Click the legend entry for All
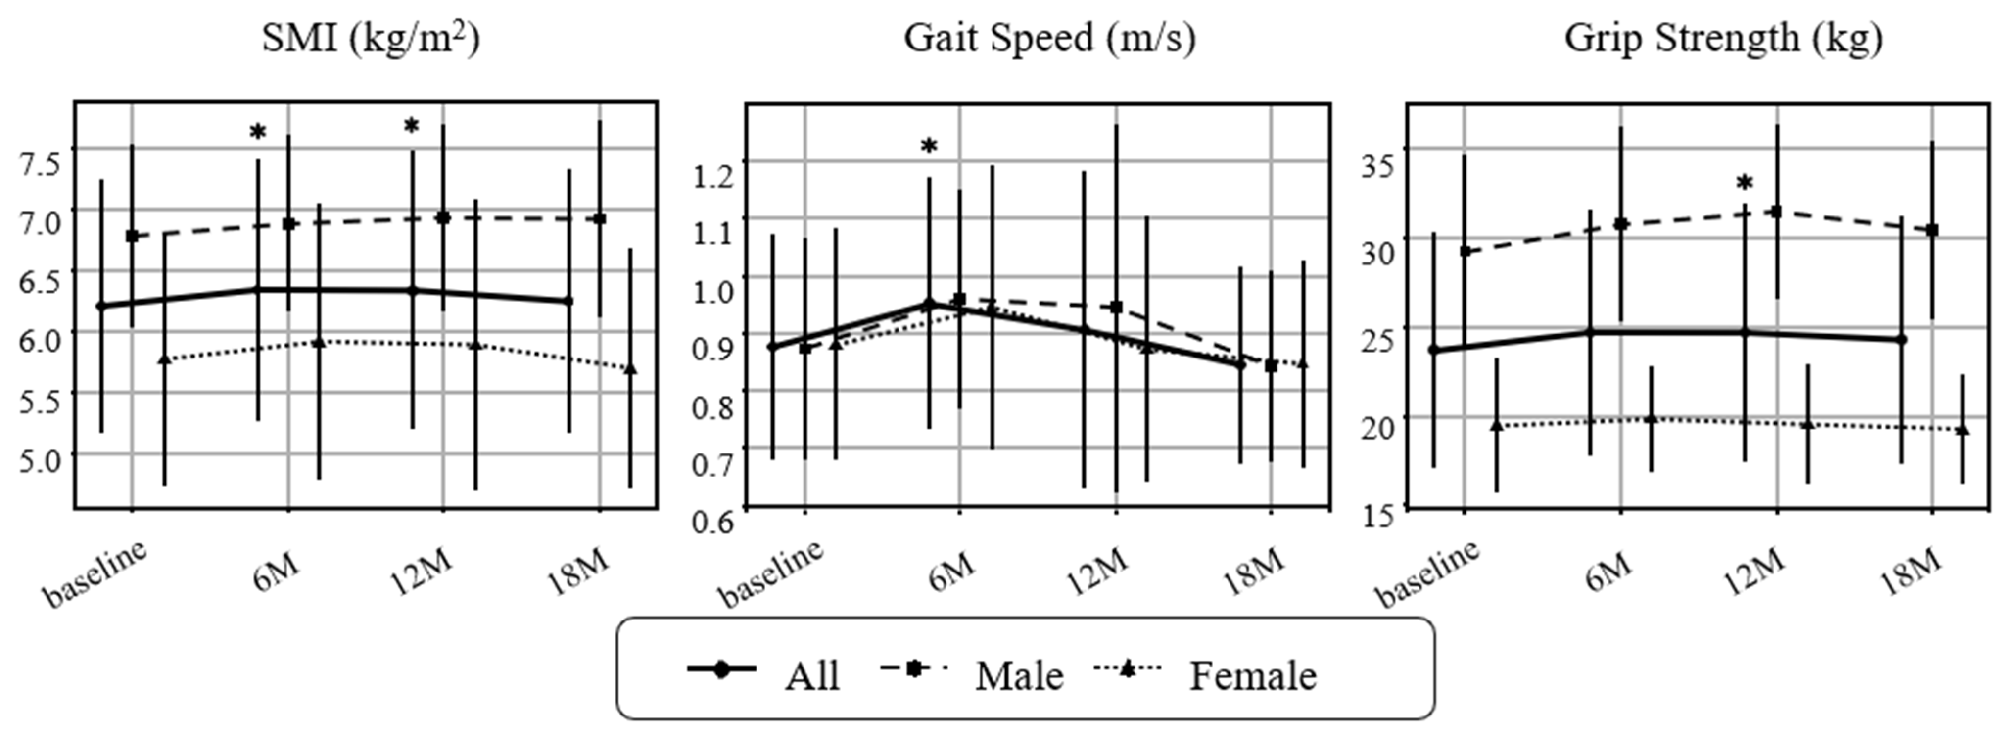pyautogui.click(x=811, y=676)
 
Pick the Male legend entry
pyautogui.click(x=1018, y=676)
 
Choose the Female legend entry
pyautogui.click(x=1253, y=676)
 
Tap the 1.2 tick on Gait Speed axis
pyautogui.click(x=713, y=176)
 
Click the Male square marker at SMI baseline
pyautogui.click(x=132, y=236)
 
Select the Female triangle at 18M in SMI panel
pyautogui.click(x=631, y=368)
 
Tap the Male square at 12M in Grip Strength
pyautogui.click(x=1777, y=212)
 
